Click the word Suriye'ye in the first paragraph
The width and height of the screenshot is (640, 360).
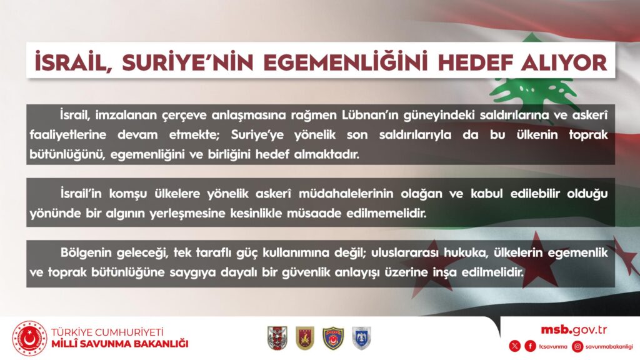[x=257, y=135]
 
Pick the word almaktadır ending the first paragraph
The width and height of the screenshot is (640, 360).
[x=326, y=155]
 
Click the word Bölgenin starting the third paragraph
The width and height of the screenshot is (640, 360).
[x=86, y=253]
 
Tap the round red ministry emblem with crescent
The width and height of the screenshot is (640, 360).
[x=29, y=338]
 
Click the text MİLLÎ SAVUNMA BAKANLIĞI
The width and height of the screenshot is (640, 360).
[x=119, y=344]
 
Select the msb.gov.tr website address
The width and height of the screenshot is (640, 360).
[x=574, y=329]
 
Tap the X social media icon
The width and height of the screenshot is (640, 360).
[x=515, y=346]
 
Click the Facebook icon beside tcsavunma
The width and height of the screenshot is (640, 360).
[x=530, y=346]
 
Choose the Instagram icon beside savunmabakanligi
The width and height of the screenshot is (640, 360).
[x=577, y=346]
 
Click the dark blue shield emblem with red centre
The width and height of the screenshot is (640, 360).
[x=333, y=338]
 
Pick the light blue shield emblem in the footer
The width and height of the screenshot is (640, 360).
[x=362, y=338]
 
